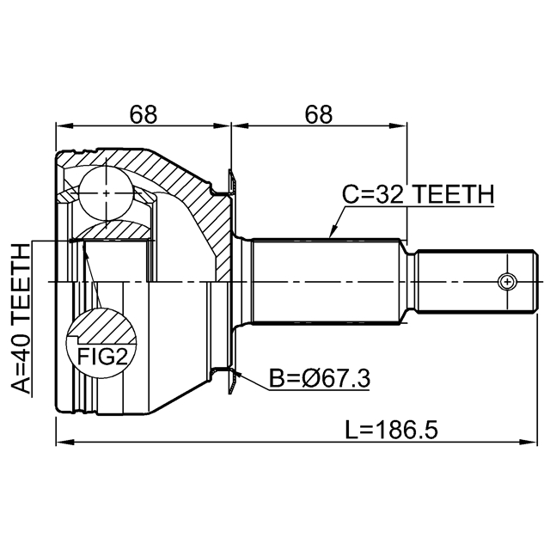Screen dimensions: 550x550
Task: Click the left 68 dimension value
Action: pos(144,114)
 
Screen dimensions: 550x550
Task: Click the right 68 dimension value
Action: pos(318,114)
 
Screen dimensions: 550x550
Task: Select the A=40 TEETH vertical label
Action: pos(21,318)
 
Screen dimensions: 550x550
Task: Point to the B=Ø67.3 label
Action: pos(320,378)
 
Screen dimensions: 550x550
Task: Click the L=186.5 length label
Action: pos(392,431)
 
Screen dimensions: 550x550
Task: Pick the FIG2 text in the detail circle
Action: pos(101,357)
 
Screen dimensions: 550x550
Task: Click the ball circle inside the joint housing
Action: pos(106,192)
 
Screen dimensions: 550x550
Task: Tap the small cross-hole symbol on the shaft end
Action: pos(507,281)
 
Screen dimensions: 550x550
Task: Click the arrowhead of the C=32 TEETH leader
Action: pos(333,232)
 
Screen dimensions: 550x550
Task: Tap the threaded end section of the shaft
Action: pos(477,281)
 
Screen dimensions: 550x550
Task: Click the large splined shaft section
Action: pos(327,281)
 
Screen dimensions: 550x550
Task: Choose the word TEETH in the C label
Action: pos(455,194)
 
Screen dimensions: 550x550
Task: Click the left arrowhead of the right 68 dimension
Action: pos(240,125)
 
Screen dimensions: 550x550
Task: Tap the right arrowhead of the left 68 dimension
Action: pos(222,125)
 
